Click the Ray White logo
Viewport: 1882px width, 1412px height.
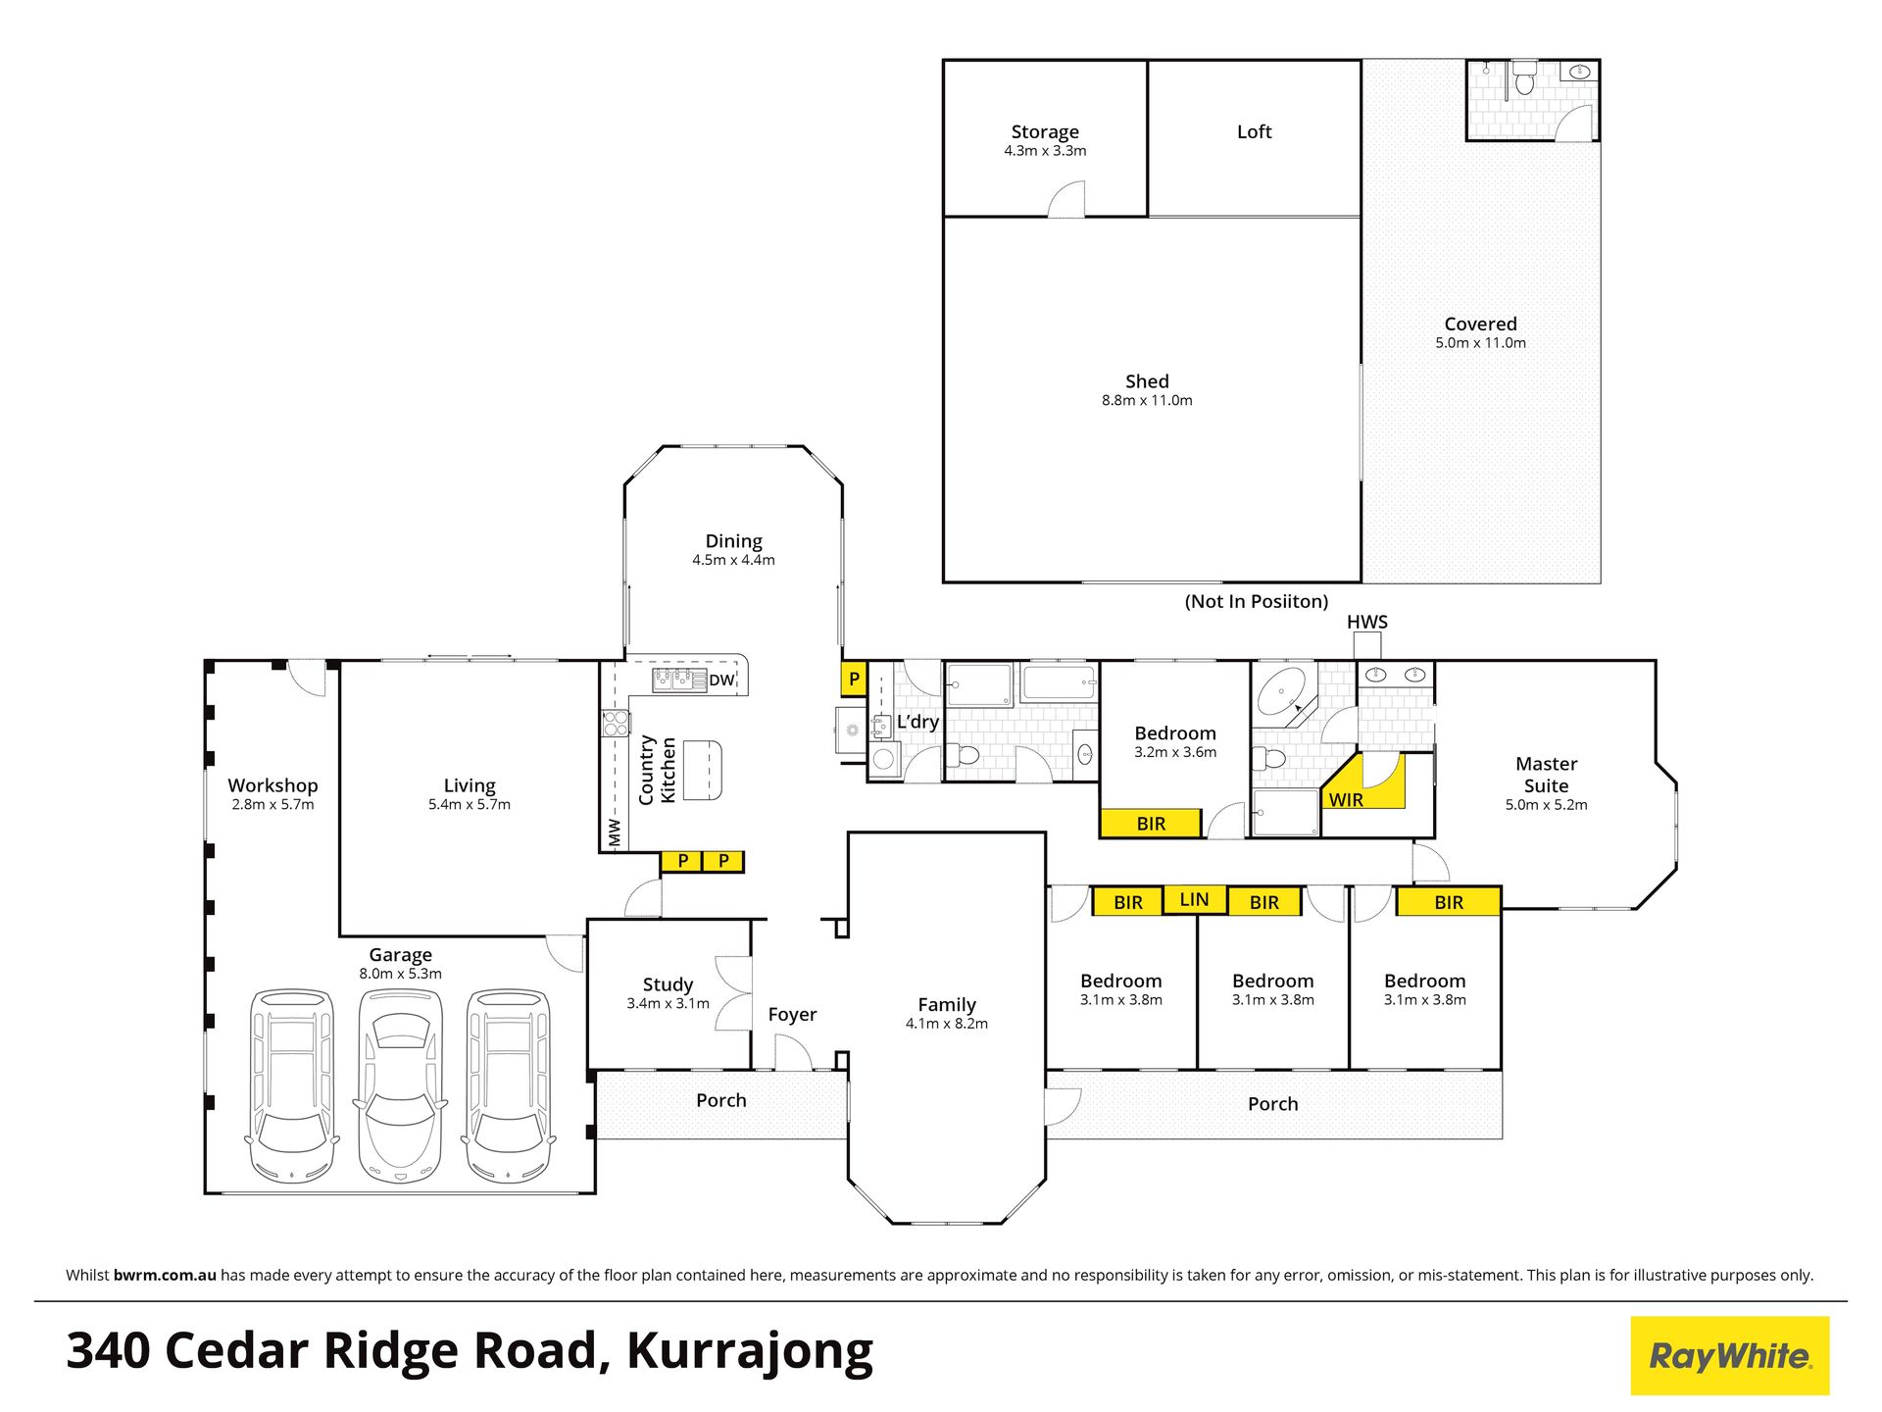click(x=1730, y=1355)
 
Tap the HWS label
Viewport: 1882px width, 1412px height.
click(x=1366, y=622)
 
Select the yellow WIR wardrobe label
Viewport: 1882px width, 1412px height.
click(x=1346, y=799)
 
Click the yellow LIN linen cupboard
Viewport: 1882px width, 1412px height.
click(x=1194, y=899)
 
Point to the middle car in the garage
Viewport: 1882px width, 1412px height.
click(x=400, y=1084)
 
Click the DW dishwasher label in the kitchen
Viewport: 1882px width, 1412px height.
click(x=721, y=680)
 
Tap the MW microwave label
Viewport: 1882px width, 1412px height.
click(x=615, y=832)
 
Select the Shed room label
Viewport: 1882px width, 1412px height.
click(x=1147, y=381)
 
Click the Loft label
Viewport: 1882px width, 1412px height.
click(x=1254, y=131)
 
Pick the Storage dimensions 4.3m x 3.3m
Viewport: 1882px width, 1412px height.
click(x=1045, y=151)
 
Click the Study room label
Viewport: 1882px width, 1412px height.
click(x=668, y=984)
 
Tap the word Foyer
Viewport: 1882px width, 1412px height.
click(x=792, y=1015)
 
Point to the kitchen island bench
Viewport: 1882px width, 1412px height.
click(x=703, y=770)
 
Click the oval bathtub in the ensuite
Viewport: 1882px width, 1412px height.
click(x=1282, y=691)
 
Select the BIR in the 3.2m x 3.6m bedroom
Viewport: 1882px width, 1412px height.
click(x=1151, y=824)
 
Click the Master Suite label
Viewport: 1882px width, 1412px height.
click(x=1546, y=775)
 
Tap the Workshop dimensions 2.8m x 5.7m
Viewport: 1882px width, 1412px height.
click(x=272, y=805)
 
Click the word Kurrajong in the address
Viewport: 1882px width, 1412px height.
click(x=750, y=1351)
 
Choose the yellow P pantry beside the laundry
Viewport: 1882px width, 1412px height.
click(x=854, y=679)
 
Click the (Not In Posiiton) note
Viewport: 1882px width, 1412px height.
click(x=1256, y=601)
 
